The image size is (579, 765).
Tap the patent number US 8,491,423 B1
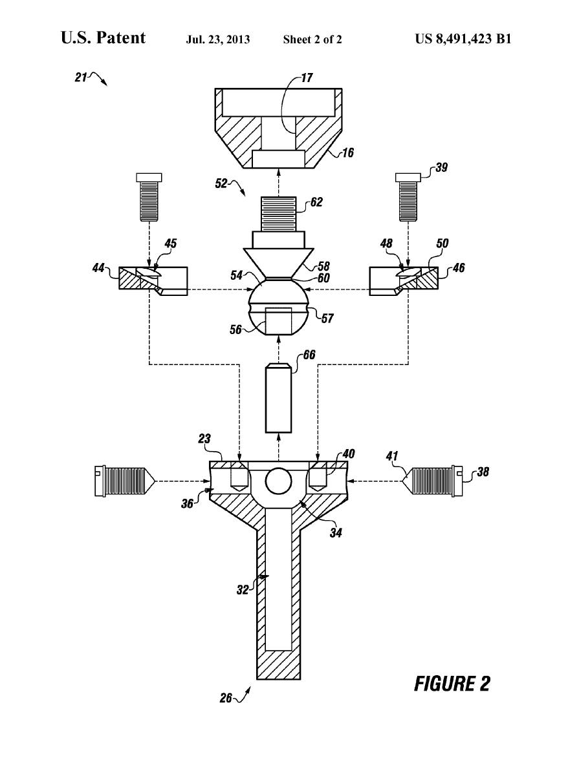pos(463,39)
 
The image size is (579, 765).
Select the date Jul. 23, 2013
pos(218,39)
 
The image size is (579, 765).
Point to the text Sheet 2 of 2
pos(312,39)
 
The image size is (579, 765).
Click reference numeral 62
pos(316,202)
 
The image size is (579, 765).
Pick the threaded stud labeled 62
pos(279,213)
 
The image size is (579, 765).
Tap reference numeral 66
pos(309,354)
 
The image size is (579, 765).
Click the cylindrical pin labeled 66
pos(279,397)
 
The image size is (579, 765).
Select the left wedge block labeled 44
pos(153,280)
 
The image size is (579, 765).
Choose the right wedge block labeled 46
pos(404,280)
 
